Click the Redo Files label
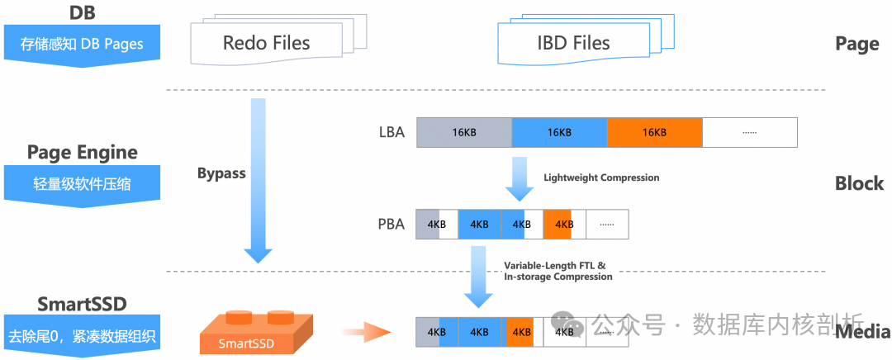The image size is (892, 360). point(266,42)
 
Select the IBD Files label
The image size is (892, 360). point(572,42)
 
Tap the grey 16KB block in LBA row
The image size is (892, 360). point(464,132)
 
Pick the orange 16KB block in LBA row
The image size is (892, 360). point(654,132)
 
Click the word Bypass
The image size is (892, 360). point(221,173)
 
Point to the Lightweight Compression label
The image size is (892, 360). point(601,178)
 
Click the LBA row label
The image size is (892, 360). point(390,132)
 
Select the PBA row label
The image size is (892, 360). point(390,224)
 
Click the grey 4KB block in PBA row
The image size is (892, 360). point(428,224)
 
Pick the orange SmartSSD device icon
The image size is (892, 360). point(249,333)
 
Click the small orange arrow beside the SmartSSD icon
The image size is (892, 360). point(365,333)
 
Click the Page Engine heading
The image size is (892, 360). point(82,152)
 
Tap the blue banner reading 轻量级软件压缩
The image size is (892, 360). point(82,184)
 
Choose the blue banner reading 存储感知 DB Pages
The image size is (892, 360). point(82,44)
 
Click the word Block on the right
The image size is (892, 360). point(859,183)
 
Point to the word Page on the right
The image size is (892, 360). point(856,44)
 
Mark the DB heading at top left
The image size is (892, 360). point(81,12)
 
